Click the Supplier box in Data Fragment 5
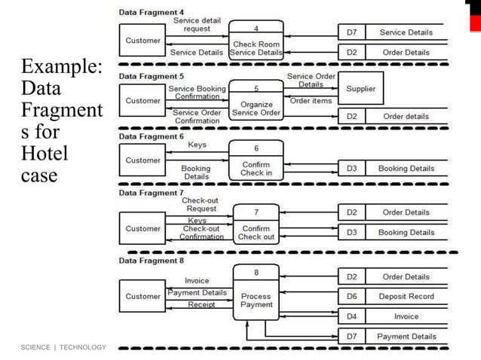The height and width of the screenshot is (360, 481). [360, 89]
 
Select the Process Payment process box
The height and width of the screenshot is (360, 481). [256, 292]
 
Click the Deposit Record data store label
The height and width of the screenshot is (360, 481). [406, 297]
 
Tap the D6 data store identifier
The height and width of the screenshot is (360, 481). [351, 297]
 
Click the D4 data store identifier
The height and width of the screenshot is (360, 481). [351, 317]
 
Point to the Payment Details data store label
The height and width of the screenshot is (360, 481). [406, 337]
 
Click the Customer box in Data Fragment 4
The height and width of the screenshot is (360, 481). [142, 41]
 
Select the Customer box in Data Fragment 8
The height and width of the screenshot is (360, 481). [142, 297]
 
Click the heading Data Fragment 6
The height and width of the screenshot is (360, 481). [152, 136]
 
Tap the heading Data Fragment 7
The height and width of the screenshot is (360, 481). [152, 193]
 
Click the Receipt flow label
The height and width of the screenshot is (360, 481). [201, 305]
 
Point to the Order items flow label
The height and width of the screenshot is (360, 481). [311, 101]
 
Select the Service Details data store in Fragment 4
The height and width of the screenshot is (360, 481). [406, 32]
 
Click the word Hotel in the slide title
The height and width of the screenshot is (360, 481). [44, 154]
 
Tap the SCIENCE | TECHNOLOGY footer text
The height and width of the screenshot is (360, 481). [63, 347]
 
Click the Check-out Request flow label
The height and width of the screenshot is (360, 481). [201, 205]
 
